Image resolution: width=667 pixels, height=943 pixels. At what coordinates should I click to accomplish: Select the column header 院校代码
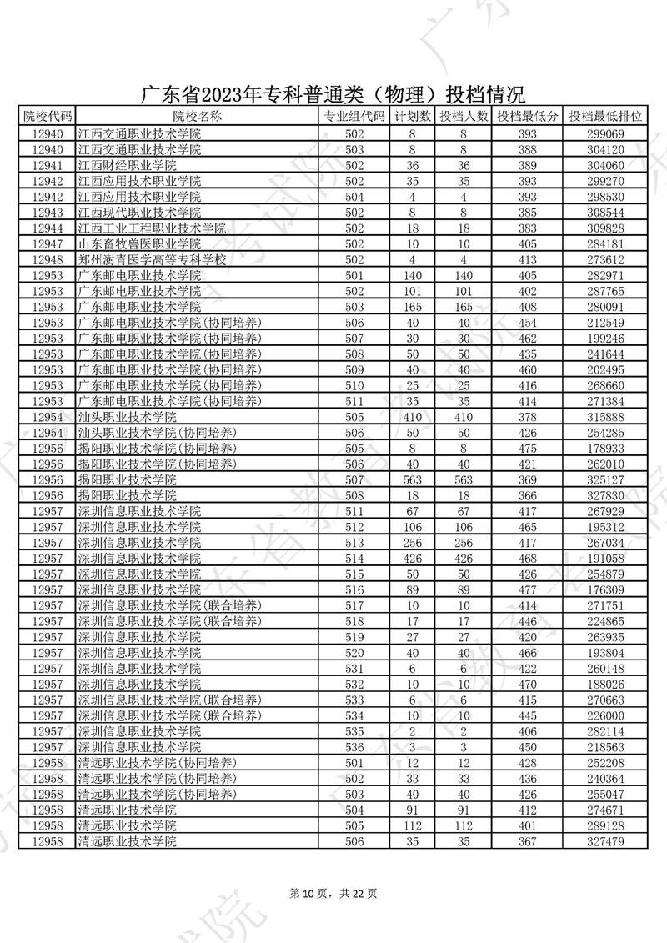(x=48, y=116)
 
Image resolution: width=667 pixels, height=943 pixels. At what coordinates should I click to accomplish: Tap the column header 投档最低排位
(x=605, y=116)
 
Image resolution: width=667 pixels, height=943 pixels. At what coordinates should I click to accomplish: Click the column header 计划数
(x=412, y=116)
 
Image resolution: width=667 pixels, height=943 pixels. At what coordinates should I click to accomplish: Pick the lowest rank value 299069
(x=605, y=133)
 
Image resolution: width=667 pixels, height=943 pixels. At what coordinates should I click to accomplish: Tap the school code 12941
(x=48, y=165)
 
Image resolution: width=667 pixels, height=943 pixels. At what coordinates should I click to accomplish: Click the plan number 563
(x=412, y=479)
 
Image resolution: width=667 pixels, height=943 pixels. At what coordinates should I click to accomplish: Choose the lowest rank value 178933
(x=605, y=448)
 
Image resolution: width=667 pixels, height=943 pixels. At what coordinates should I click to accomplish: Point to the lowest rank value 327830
(x=605, y=495)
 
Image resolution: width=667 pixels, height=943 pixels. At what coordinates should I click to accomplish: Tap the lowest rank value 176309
(x=605, y=589)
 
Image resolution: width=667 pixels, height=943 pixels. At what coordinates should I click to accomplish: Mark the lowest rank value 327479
(x=605, y=841)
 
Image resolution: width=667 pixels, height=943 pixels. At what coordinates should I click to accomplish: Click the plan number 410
(x=412, y=416)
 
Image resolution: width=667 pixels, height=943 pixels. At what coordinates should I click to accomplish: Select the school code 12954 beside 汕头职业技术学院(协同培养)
(x=48, y=432)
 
